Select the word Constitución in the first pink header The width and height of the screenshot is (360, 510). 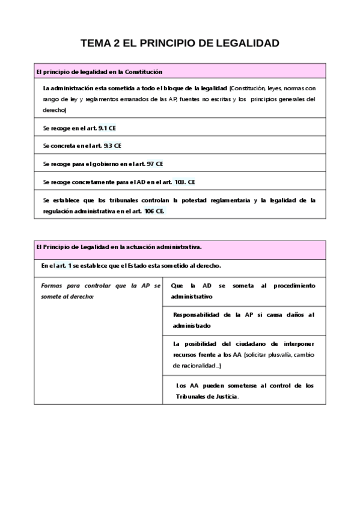143,72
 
